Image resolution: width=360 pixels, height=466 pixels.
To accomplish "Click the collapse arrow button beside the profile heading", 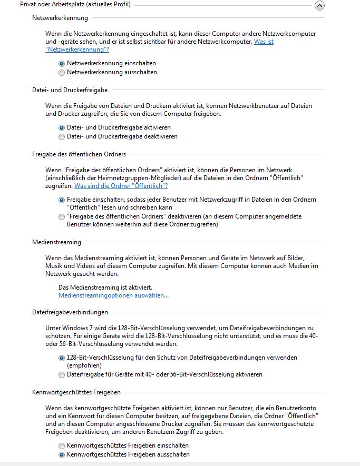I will click(x=319, y=5).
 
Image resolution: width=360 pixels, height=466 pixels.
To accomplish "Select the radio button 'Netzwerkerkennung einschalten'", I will click(x=62, y=63).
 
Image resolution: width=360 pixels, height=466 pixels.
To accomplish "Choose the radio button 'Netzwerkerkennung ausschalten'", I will click(x=62, y=72).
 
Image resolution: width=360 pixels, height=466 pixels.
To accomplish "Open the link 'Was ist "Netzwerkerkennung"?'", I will click(x=77, y=49).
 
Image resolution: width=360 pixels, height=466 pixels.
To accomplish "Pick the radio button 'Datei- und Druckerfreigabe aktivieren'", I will click(x=62, y=127).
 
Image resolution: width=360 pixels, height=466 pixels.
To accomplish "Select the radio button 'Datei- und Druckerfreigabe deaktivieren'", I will click(x=62, y=136).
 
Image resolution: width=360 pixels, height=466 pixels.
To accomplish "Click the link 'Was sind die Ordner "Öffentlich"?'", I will click(x=121, y=186).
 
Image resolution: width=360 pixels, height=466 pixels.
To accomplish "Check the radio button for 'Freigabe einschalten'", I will click(x=62, y=200).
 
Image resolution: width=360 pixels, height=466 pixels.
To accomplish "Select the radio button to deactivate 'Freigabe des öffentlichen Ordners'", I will click(x=62, y=216).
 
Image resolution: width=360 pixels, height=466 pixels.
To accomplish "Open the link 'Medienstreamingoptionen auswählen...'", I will click(x=113, y=295).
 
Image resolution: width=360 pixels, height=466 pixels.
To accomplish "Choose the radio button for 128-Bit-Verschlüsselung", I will click(x=62, y=358).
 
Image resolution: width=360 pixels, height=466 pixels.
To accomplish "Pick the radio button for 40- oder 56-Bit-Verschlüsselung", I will click(x=62, y=374).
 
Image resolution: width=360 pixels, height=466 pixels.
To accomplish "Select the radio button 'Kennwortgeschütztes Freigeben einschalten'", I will click(x=62, y=445).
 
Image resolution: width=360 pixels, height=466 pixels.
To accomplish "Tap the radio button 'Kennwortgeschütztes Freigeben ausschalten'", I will click(x=62, y=454).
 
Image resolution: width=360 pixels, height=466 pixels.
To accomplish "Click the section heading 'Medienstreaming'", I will click(x=57, y=242).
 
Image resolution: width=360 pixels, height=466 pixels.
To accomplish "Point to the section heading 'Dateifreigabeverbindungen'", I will click(x=70, y=312).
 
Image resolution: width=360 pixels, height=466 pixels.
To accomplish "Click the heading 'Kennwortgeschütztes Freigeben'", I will click(x=76, y=392).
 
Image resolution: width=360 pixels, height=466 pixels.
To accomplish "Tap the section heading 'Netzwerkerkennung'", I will click(x=60, y=18).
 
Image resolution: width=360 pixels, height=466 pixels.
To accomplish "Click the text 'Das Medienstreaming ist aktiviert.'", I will click(x=105, y=287).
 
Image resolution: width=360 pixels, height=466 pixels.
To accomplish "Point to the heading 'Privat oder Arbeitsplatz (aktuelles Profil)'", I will click(x=75, y=5).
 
